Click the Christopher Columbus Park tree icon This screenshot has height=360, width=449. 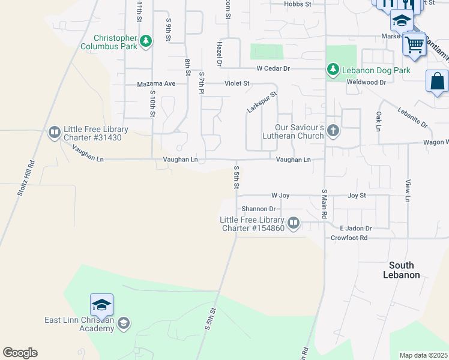click(x=145, y=41)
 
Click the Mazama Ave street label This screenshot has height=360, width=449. click(x=156, y=83)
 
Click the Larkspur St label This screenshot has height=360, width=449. click(x=262, y=102)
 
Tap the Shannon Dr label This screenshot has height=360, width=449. click(x=258, y=209)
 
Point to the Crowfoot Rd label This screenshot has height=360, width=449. click(x=349, y=238)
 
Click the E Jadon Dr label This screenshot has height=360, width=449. click(x=355, y=229)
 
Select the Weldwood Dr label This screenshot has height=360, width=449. click(x=366, y=82)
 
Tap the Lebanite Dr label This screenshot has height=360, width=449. click(x=412, y=116)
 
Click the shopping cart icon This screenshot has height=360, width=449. click(x=414, y=43)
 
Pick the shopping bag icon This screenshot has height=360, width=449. click(x=438, y=81)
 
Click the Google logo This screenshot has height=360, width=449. click(x=20, y=353)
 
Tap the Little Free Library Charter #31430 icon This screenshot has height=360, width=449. click(x=54, y=131)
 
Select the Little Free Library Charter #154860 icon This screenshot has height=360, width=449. click(x=294, y=223)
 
